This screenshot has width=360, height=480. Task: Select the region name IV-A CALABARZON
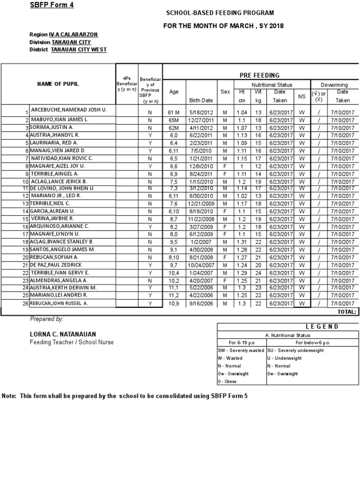tap(74, 35)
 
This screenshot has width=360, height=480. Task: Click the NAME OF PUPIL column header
tap(58, 84)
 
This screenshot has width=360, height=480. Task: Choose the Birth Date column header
tap(201, 100)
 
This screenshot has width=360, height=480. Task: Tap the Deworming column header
tap(334, 85)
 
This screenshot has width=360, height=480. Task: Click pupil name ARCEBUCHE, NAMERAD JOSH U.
tap(68, 109)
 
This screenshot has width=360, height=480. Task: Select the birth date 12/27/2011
tap(201, 120)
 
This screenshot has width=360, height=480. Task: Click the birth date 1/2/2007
tap(201, 242)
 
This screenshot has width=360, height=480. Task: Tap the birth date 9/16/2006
tap(201, 303)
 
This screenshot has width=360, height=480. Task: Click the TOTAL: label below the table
tap(347, 311)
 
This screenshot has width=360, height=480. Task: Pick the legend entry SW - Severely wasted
tap(241, 351)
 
